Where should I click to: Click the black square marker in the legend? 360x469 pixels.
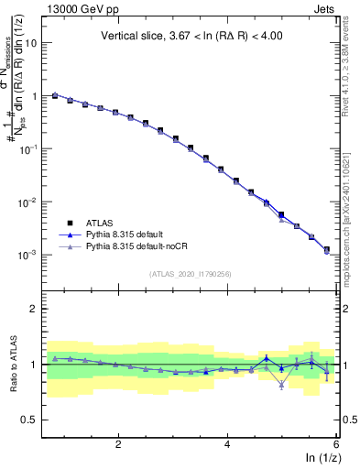pos(68,222)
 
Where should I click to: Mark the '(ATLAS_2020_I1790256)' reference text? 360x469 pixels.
pos(191,274)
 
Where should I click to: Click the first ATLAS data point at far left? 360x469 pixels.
pos(55,95)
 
